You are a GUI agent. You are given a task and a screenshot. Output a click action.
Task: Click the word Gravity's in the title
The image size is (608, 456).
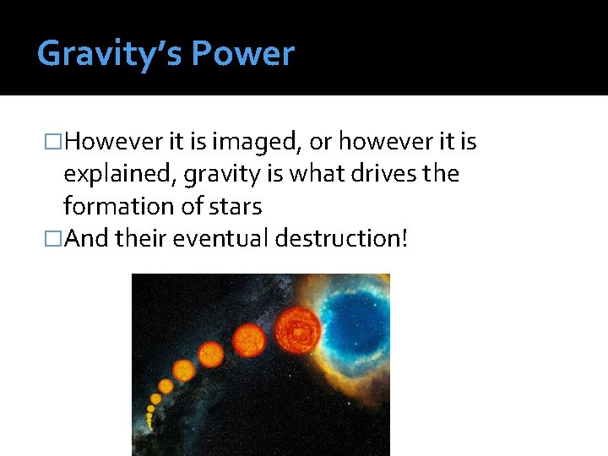(110, 54)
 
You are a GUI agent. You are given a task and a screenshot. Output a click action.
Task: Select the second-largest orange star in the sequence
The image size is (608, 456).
(248, 340)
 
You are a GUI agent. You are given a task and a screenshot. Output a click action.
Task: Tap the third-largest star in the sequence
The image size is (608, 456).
(210, 354)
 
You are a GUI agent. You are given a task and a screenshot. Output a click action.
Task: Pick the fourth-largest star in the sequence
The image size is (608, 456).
(183, 370)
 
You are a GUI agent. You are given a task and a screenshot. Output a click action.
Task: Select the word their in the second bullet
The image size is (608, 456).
(142, 238)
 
